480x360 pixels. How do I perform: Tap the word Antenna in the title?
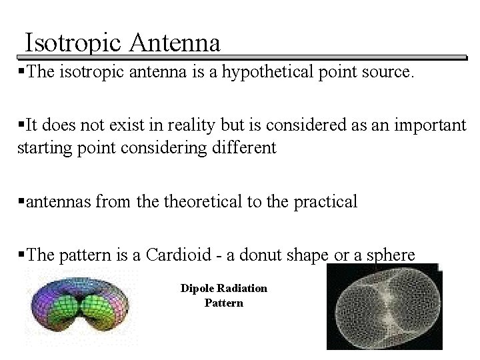(x=175, y=43)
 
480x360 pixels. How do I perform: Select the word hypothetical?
(x=269, y=72)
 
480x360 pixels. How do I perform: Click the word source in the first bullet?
(x=387, y=72)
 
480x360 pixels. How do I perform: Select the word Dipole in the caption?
(x=197, y=289)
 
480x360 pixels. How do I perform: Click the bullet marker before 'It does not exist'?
(x=21, y=125)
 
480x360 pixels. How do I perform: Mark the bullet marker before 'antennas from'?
(x=21, y=201)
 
